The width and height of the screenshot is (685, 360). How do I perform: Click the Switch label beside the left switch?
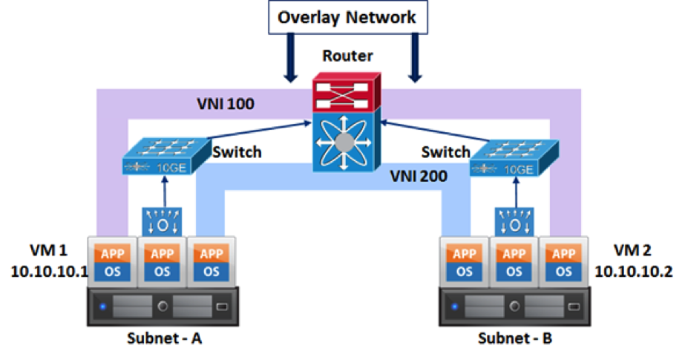(x=237, y=152)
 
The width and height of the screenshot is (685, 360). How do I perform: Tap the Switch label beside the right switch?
(x=445, y=152)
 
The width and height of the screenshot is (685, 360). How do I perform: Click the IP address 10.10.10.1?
(x=50, y=272)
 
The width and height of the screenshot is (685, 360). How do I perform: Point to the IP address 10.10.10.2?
(x=633, y=272)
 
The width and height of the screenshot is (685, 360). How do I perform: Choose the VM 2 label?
(x=633, y=249)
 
